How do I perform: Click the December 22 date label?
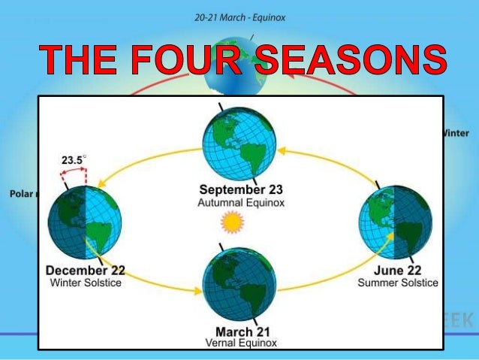[85, 271]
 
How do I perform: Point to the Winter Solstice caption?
[85, 283]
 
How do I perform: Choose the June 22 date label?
[397, 271]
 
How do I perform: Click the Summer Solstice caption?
[397, 283]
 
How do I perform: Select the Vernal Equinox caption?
[240, 343]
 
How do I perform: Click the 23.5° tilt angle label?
[74, 159]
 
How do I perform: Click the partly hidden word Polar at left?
[21, 193]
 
